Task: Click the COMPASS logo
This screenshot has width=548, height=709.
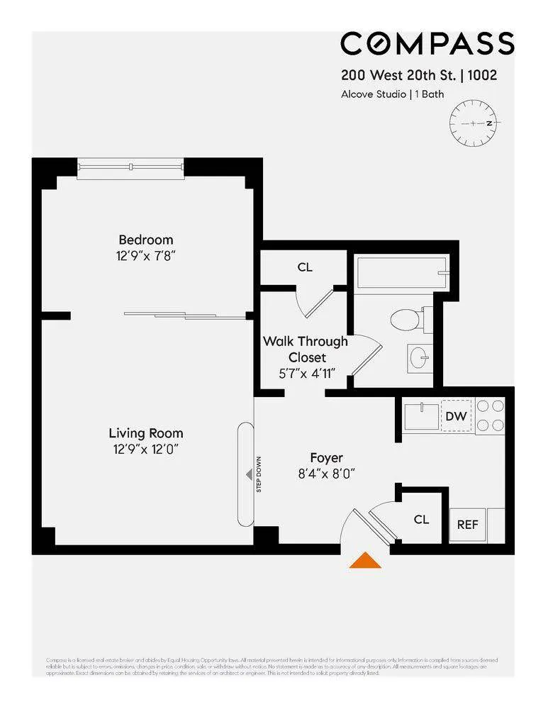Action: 427,44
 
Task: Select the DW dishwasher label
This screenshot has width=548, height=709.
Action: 457,416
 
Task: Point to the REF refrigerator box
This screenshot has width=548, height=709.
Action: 467,525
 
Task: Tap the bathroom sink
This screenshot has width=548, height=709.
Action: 419,357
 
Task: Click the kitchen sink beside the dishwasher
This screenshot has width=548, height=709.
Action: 423,416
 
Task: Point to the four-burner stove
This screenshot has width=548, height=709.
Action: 489,416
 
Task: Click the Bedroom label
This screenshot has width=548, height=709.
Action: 145,240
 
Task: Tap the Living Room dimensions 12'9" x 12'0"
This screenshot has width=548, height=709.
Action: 145,449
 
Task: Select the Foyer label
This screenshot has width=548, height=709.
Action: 326,457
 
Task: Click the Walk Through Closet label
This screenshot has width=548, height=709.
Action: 306,349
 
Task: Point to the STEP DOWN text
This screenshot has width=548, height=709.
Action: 259,474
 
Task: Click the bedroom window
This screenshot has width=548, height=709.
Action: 130,167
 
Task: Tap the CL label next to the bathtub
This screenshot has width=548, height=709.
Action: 305,267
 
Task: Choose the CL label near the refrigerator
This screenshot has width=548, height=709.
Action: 421,520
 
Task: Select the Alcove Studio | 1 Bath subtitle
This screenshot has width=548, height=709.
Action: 392,94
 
